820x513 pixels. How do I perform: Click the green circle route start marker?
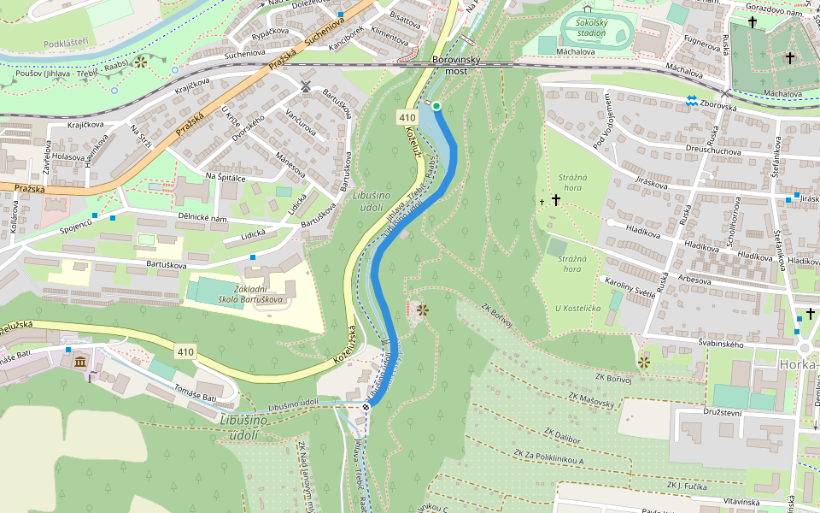436,106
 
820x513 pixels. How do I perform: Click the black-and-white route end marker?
366,407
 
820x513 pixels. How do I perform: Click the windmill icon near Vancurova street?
305,86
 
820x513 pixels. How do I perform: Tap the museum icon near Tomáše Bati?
80,363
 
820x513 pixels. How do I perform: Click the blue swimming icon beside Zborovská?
691,101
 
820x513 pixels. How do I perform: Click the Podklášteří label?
67,41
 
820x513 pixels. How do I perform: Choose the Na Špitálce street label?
225,176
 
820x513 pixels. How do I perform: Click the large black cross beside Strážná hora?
556,200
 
